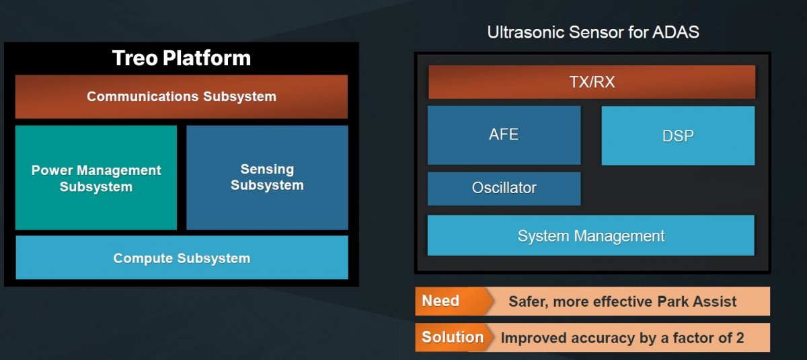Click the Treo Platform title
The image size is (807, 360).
coord(181,58)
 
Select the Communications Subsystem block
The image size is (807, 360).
coord(181,97)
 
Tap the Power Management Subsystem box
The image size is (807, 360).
coord(95,178)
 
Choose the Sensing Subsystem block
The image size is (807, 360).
coord(268,178)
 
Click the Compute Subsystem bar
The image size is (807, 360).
coord(182,257)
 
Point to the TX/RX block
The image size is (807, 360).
coord(592,82)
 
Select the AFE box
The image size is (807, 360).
coord(504,135)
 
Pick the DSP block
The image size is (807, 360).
coord(678,135)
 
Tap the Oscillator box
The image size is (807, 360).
coord(504,188)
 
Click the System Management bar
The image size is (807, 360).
coord(591,236)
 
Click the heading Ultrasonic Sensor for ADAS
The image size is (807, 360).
coord(593,32)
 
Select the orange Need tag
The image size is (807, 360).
coord(453,301)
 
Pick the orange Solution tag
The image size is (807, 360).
coord(453,337)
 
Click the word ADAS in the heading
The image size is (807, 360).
coord(675,32)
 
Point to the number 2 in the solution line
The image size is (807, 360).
coord(740,338)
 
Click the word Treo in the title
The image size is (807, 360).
coord(134,58)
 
